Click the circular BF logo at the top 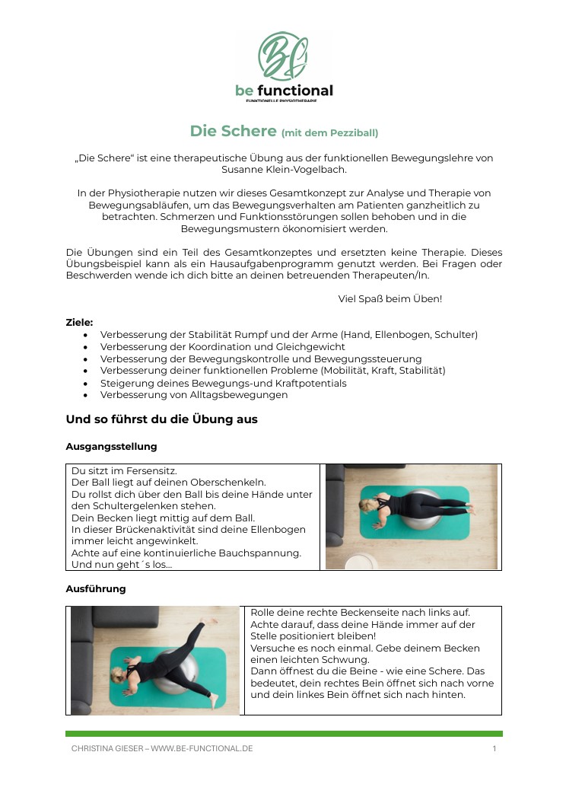pos(283,56)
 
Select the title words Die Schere pos(233,131)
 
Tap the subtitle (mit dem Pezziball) pos(329,132)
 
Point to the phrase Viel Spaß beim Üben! pos(390,298)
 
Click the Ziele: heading pos(79,322)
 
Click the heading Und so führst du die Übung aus pos(161,419)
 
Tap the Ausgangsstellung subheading pos(111,446)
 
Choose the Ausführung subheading pos(96,588)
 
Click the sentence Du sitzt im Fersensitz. pos(124,471)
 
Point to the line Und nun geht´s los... pos(121,564)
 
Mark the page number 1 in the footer pos(494,749)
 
